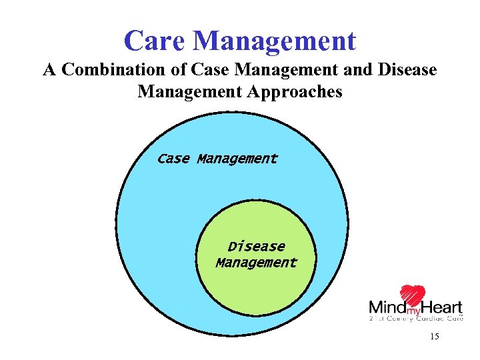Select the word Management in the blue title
[x=275, y=41]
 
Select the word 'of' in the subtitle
[x=179, y=70]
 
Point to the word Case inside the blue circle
[x=173, y=159]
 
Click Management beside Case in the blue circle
[x=237, y=159]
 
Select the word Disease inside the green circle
[x=256, y=246]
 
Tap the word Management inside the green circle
[x=256, y=262]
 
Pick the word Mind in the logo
[x=387, y=308]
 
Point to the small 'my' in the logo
[x=413, y=311]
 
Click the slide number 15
[x=435, y=337]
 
